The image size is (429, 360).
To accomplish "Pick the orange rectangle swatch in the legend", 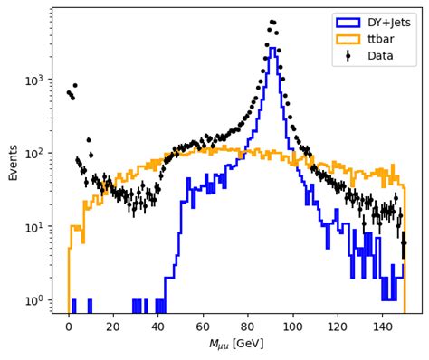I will [x=348, y=39].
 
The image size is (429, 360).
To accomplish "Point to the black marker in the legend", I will [x=348, y=55].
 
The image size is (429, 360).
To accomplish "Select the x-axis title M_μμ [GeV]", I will [x=235, y=345].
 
